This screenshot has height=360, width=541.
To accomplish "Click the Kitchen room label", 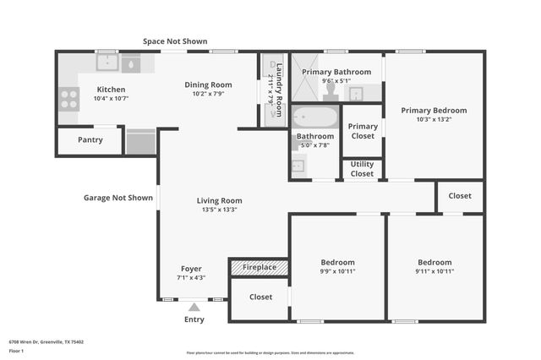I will point(111,90).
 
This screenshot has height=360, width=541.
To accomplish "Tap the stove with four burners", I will point(68,100).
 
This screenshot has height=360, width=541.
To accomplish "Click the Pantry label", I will point(90,140).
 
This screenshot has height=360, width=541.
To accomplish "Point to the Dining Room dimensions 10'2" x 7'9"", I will point(207,94).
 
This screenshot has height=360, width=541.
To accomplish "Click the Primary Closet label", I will point(363,131).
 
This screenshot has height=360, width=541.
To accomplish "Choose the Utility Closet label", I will point(362,169).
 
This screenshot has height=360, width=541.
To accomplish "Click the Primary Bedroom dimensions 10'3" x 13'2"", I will point(434,120).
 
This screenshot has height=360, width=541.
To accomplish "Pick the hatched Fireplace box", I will point(259,268).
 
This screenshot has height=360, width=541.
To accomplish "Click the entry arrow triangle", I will point(194,308).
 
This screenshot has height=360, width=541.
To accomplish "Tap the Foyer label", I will point(191,269).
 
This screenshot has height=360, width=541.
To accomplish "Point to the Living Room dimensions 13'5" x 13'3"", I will point(219,210).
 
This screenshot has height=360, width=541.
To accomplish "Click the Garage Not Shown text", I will point(118,198).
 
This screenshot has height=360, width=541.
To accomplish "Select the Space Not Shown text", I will point(175,41).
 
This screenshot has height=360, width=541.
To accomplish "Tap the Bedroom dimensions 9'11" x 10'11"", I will point(434,271).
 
